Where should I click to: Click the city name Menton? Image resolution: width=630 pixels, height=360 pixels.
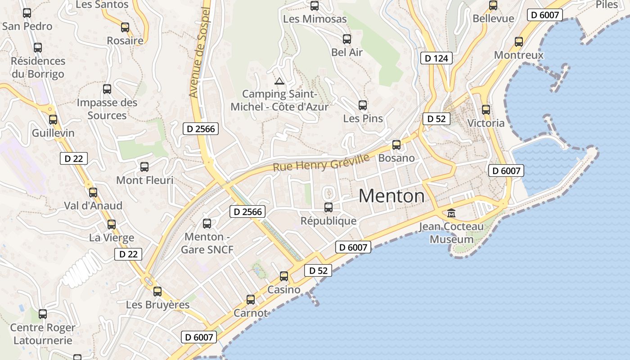[391, 196]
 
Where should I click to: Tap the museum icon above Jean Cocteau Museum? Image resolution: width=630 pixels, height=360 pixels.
[451, 213]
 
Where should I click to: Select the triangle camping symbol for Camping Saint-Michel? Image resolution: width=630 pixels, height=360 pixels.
[279, 81]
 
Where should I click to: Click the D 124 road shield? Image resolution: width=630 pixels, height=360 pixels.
[436, 58]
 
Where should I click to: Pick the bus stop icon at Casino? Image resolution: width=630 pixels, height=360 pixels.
[284, 276]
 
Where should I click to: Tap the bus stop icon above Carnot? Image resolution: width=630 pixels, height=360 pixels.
[251, 300]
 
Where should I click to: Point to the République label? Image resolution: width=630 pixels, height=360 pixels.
[328, 221]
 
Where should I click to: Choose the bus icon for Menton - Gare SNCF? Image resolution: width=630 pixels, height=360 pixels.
[207, 224]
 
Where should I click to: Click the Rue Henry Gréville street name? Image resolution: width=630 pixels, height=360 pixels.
[321, 162]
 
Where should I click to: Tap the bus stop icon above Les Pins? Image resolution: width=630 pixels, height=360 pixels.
[363, 105]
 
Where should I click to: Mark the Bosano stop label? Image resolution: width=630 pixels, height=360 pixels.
[396, 158]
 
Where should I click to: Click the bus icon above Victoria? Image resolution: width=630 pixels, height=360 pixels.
[486, 110]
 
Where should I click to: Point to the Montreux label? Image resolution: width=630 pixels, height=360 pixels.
[519, 55]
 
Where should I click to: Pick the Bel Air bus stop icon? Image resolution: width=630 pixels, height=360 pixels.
[346, 39]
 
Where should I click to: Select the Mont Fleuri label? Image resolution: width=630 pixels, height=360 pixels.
[144, 180]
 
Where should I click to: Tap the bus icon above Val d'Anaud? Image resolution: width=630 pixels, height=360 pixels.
[93, 193]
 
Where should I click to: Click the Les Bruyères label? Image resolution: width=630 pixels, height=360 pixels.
[157, 305]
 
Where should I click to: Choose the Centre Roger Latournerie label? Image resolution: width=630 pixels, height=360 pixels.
[43, 334]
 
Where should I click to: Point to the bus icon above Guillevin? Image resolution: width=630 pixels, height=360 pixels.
[53, 120]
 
